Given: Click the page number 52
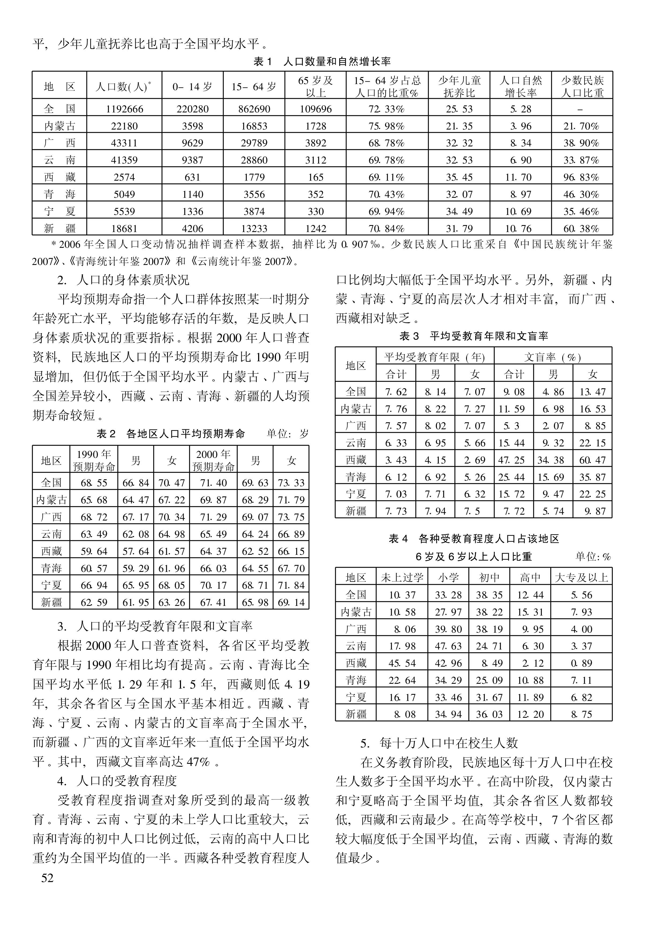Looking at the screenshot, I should [x=47, y=878].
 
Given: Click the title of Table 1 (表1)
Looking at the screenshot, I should [x=322, y=62].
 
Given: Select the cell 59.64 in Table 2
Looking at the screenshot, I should [x=94, y=551].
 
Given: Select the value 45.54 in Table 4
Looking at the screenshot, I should [x=402, y=663].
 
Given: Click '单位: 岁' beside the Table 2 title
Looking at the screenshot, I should [x=288, y=434].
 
